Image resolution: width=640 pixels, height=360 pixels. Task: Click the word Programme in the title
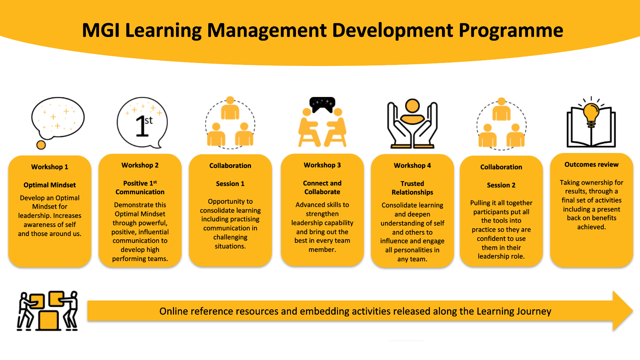(511, 31)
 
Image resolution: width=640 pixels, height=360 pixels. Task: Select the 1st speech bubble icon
(142, 123)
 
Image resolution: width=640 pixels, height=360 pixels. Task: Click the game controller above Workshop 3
(322, 104)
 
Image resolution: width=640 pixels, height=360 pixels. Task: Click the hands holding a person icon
(412, 124)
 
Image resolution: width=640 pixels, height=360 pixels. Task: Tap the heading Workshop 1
(50, 167)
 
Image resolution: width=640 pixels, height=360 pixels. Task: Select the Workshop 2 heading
(140, 165)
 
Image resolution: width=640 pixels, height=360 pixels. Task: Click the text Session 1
(230, 184)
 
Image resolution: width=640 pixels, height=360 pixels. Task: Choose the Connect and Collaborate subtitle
(322, 187)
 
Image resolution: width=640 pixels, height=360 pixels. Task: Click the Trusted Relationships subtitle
(412, 188)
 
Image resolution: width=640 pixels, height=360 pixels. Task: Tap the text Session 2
(501, 185)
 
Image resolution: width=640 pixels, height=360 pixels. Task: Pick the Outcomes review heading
(591, 165)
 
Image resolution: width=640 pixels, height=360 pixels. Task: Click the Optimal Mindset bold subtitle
(50, 185)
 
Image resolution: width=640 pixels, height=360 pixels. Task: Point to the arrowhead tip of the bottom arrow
(633, 311)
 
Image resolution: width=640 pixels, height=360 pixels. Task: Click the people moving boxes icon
(47, 311)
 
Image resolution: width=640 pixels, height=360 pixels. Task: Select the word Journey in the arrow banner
(533, 311)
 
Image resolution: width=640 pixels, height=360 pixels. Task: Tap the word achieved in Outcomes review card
(591, 227)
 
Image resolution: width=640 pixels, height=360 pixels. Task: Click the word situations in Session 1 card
(230, 246)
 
